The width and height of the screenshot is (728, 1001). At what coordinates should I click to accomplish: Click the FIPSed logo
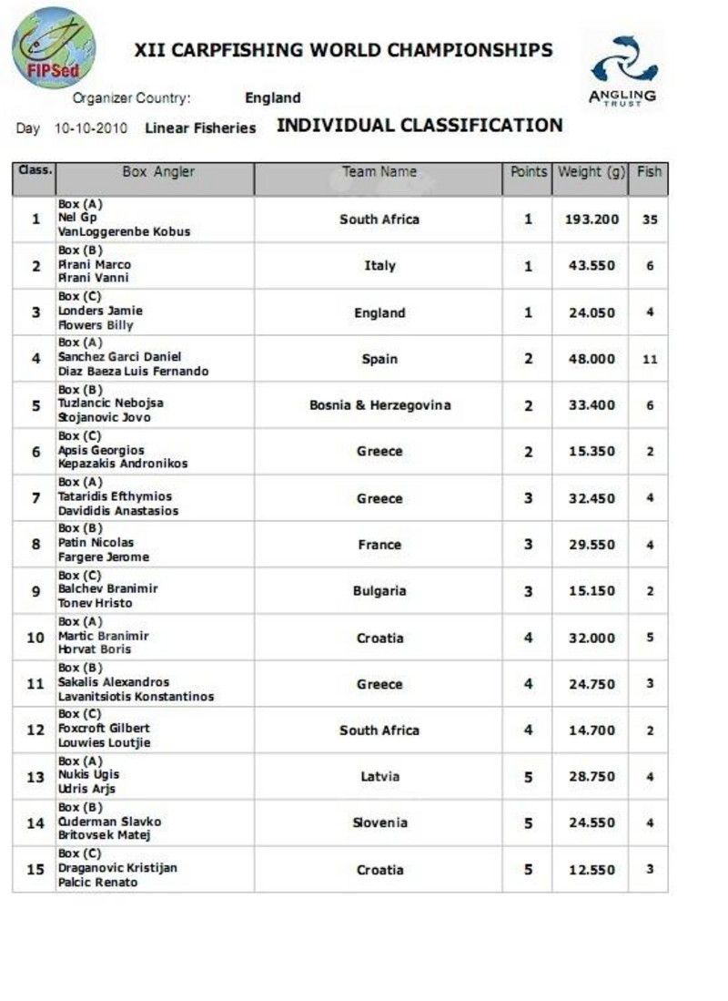pyautogui.click(x=53, y=47)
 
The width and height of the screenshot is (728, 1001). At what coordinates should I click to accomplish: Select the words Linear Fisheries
pyautogui.click(x=200, y=128)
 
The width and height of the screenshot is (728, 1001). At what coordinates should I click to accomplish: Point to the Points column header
pyautogui.click(x=528, y=171)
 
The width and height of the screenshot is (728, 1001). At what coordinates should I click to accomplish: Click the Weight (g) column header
pyautogui.click(x=590, y=171)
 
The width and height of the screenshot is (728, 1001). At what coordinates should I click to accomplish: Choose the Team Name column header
pyautogui.click(x=379, y=171)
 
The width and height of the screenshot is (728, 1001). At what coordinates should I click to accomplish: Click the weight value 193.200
pyautogui.click(x=591, y=220)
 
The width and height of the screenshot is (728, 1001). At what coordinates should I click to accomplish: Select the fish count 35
pyautogui.click(x=650, y=220)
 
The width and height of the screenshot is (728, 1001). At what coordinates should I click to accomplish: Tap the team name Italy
pyautogui.click(x=379, y=266)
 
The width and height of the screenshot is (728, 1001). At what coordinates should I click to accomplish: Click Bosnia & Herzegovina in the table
pyautogui.click(x=379, y=405)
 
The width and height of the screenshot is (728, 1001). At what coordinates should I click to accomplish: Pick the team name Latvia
pyautogui.click(x=379, y=777)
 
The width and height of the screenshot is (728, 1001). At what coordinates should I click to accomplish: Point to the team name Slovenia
pyautogui.click(x=379, y=823)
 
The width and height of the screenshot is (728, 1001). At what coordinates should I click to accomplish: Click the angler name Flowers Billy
pyautogui.click(x=96, y=325)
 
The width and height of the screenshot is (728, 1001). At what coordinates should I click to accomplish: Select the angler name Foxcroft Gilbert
pyautogui.click(x=104, y=729)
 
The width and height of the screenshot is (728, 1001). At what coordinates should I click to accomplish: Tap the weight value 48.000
pyautogui.click(x=591, y=359)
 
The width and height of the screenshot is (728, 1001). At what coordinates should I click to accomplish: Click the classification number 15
pyautogui.click(x=35, y=870)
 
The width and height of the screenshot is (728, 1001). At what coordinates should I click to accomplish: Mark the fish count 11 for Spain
pyautogui.click(x=650, y=359)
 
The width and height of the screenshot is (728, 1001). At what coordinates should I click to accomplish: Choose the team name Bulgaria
pyautogui.click(x=379, y=591)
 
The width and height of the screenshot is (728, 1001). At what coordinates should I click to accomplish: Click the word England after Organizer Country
pyautogui.click(x=272, y=98)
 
